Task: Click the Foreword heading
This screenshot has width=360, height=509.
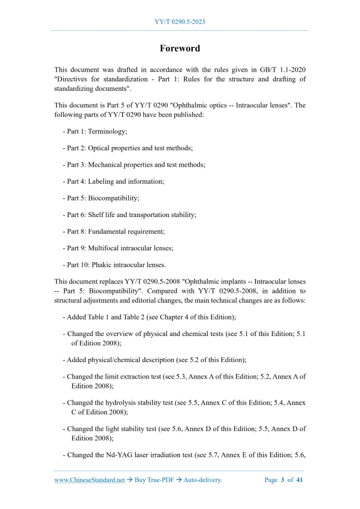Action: coord(180,48)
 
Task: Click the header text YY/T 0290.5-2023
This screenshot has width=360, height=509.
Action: coord(180,22)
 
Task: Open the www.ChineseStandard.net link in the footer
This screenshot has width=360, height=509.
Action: coord(89,480)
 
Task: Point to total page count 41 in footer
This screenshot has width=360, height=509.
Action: coord(299,480)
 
